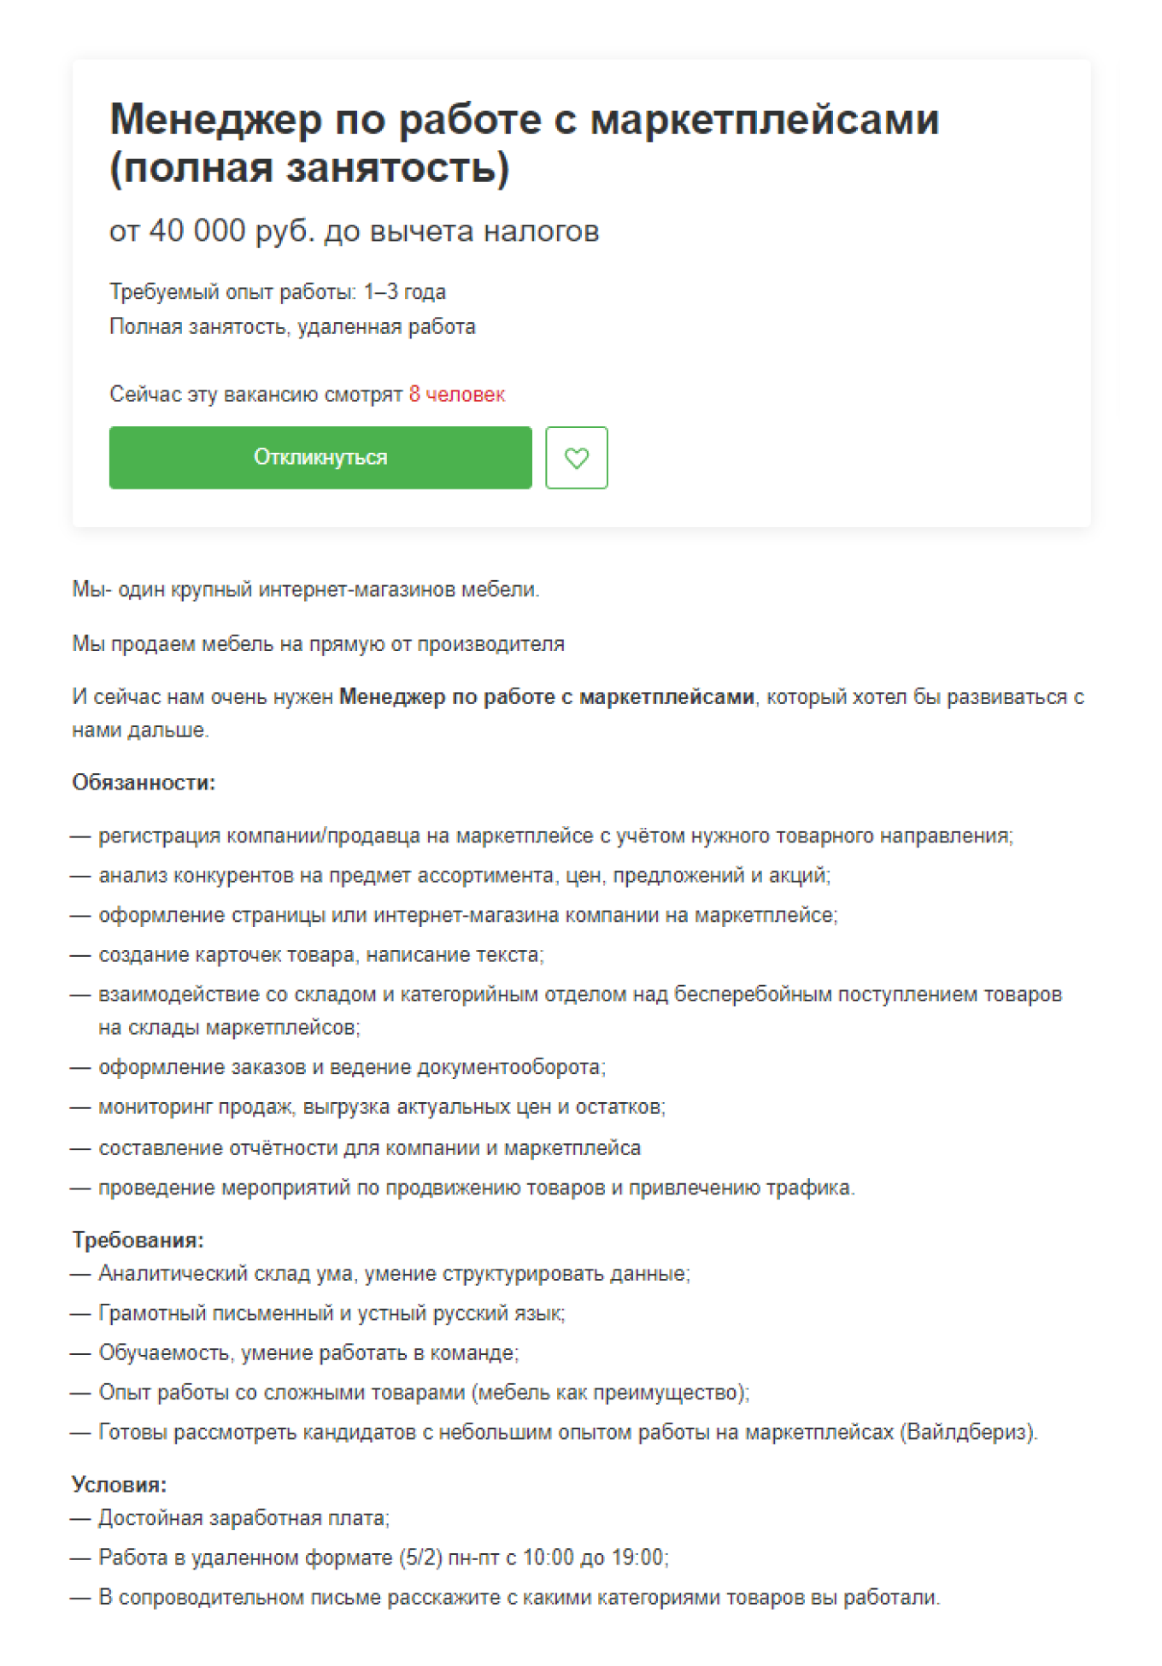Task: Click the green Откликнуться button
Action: (320, 458)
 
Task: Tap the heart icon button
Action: (577, 458)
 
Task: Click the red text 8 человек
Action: (456, 395)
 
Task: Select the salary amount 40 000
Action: (197, 231)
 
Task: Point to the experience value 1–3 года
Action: (404, 292)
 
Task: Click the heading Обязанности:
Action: (144, 783)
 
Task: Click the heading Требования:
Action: (138, 1240)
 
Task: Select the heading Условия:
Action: (119, 1484)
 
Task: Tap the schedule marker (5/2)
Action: (420, 1557)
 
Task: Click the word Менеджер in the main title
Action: (216, 120)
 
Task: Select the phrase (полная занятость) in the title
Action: (309, 168)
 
